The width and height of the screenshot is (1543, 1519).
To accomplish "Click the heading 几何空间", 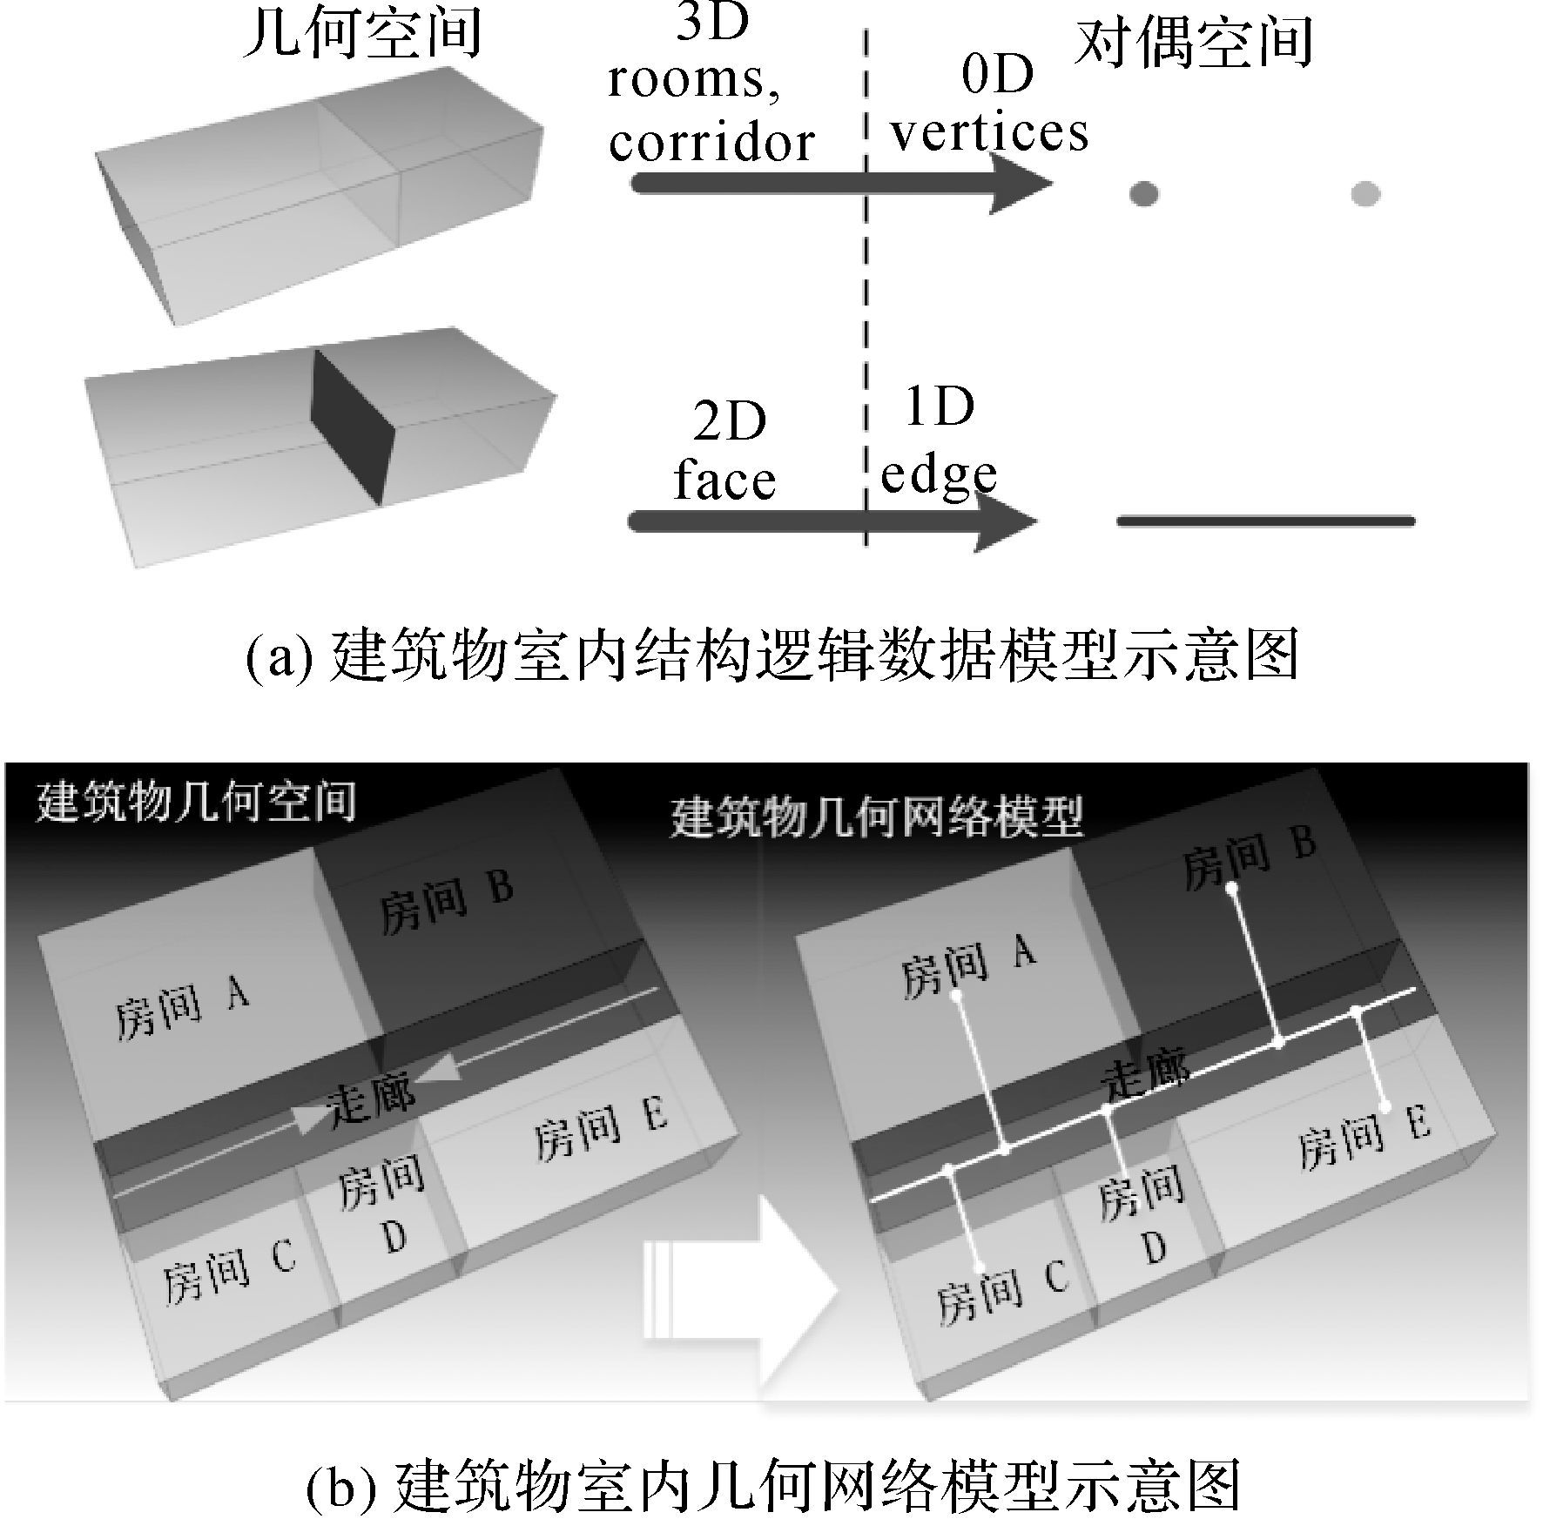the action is click(360, 34).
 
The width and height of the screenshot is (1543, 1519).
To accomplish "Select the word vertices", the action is click(989, 133).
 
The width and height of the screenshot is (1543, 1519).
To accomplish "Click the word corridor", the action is click(711, 142).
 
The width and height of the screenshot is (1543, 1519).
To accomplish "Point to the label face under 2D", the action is click(724, 481).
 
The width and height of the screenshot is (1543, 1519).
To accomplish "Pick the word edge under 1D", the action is click(939, 474).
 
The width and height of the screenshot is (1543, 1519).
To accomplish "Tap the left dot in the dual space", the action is click(1143, 193).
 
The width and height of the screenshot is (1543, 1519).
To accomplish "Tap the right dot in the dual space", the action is click(1365, 193).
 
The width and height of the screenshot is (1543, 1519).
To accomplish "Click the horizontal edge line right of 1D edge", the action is click(1265, 521).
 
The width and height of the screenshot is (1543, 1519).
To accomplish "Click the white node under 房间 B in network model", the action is click(1231, 889).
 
